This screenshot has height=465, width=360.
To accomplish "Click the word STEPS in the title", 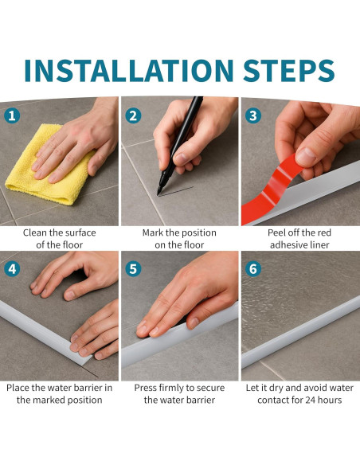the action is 289,70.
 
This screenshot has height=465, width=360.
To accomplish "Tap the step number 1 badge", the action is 12,115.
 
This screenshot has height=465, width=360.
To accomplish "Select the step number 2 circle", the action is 133,115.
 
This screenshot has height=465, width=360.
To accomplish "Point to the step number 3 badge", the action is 253,115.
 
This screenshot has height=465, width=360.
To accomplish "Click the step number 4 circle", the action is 12,269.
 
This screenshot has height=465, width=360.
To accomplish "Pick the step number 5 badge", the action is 133,269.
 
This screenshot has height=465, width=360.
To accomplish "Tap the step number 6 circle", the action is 253,269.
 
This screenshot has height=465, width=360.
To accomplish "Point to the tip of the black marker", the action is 158,194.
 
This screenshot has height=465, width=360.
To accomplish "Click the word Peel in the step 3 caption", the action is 276,232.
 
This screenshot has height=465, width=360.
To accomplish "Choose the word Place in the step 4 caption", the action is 18,388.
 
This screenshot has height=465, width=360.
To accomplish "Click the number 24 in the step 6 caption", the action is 310,400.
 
